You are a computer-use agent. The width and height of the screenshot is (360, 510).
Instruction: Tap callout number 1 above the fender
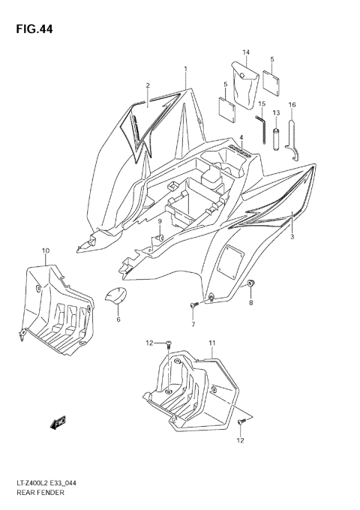pos(185,69)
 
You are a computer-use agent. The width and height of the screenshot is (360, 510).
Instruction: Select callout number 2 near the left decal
pos(148,85)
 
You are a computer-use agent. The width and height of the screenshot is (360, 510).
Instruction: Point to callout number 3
pos(293,237)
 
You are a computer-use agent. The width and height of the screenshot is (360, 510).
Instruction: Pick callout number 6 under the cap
pos(118,319)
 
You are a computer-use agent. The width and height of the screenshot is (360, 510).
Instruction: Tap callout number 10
pos(46,250)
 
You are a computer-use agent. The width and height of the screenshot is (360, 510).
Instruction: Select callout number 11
pos(212,343)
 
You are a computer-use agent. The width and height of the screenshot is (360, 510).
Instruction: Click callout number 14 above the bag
pos(245,52)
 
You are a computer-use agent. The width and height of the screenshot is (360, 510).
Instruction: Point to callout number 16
pos(292,104)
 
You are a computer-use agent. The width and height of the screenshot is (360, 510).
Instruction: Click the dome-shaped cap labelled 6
pos(115,298)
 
